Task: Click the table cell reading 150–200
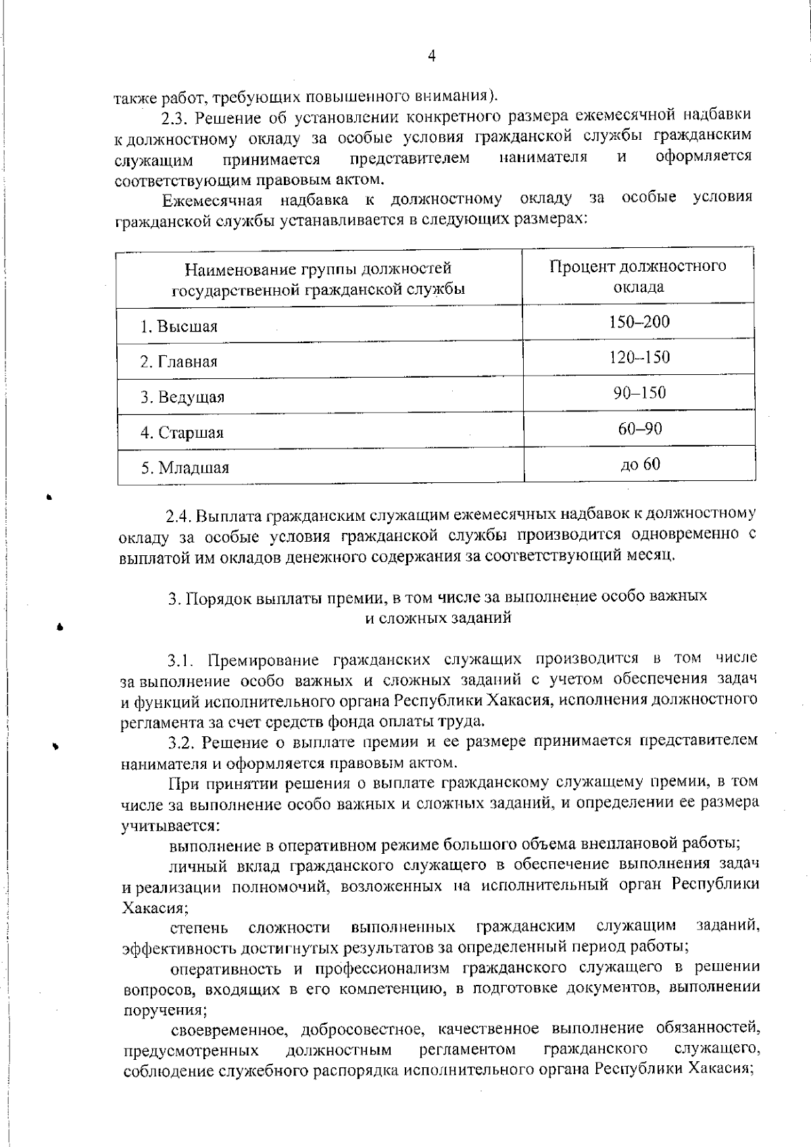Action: [x=639, y=322]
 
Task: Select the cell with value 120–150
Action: [x=639, y=357]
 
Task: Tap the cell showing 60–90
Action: [x=639, y=428]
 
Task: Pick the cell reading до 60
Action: [x=639, y=464]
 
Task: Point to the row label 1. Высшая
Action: [x=178, y=327]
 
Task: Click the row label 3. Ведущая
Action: [x=182, y=397]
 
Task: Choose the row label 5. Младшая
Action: [x=185, y=468]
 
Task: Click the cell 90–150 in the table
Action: [x=639, y=392]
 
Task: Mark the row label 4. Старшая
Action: [x=181, y=433]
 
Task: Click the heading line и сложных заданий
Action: [x=437, y=617]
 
